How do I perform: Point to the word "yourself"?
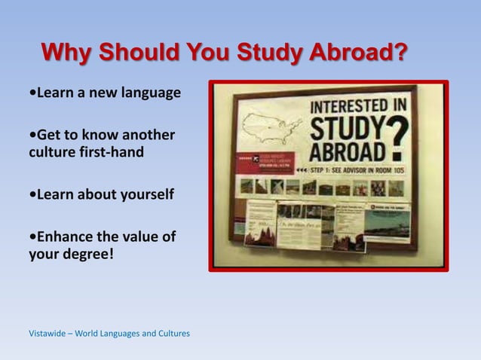[x=142, y=195]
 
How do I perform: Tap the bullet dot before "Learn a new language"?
[x=30, y=94]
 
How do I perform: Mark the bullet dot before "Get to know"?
[x=30, y=136]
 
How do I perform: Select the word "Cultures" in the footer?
[x=171, y=333]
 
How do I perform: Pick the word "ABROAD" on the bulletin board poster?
[x=343, y=150]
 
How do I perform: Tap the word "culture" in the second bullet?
[x=51, y=152]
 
